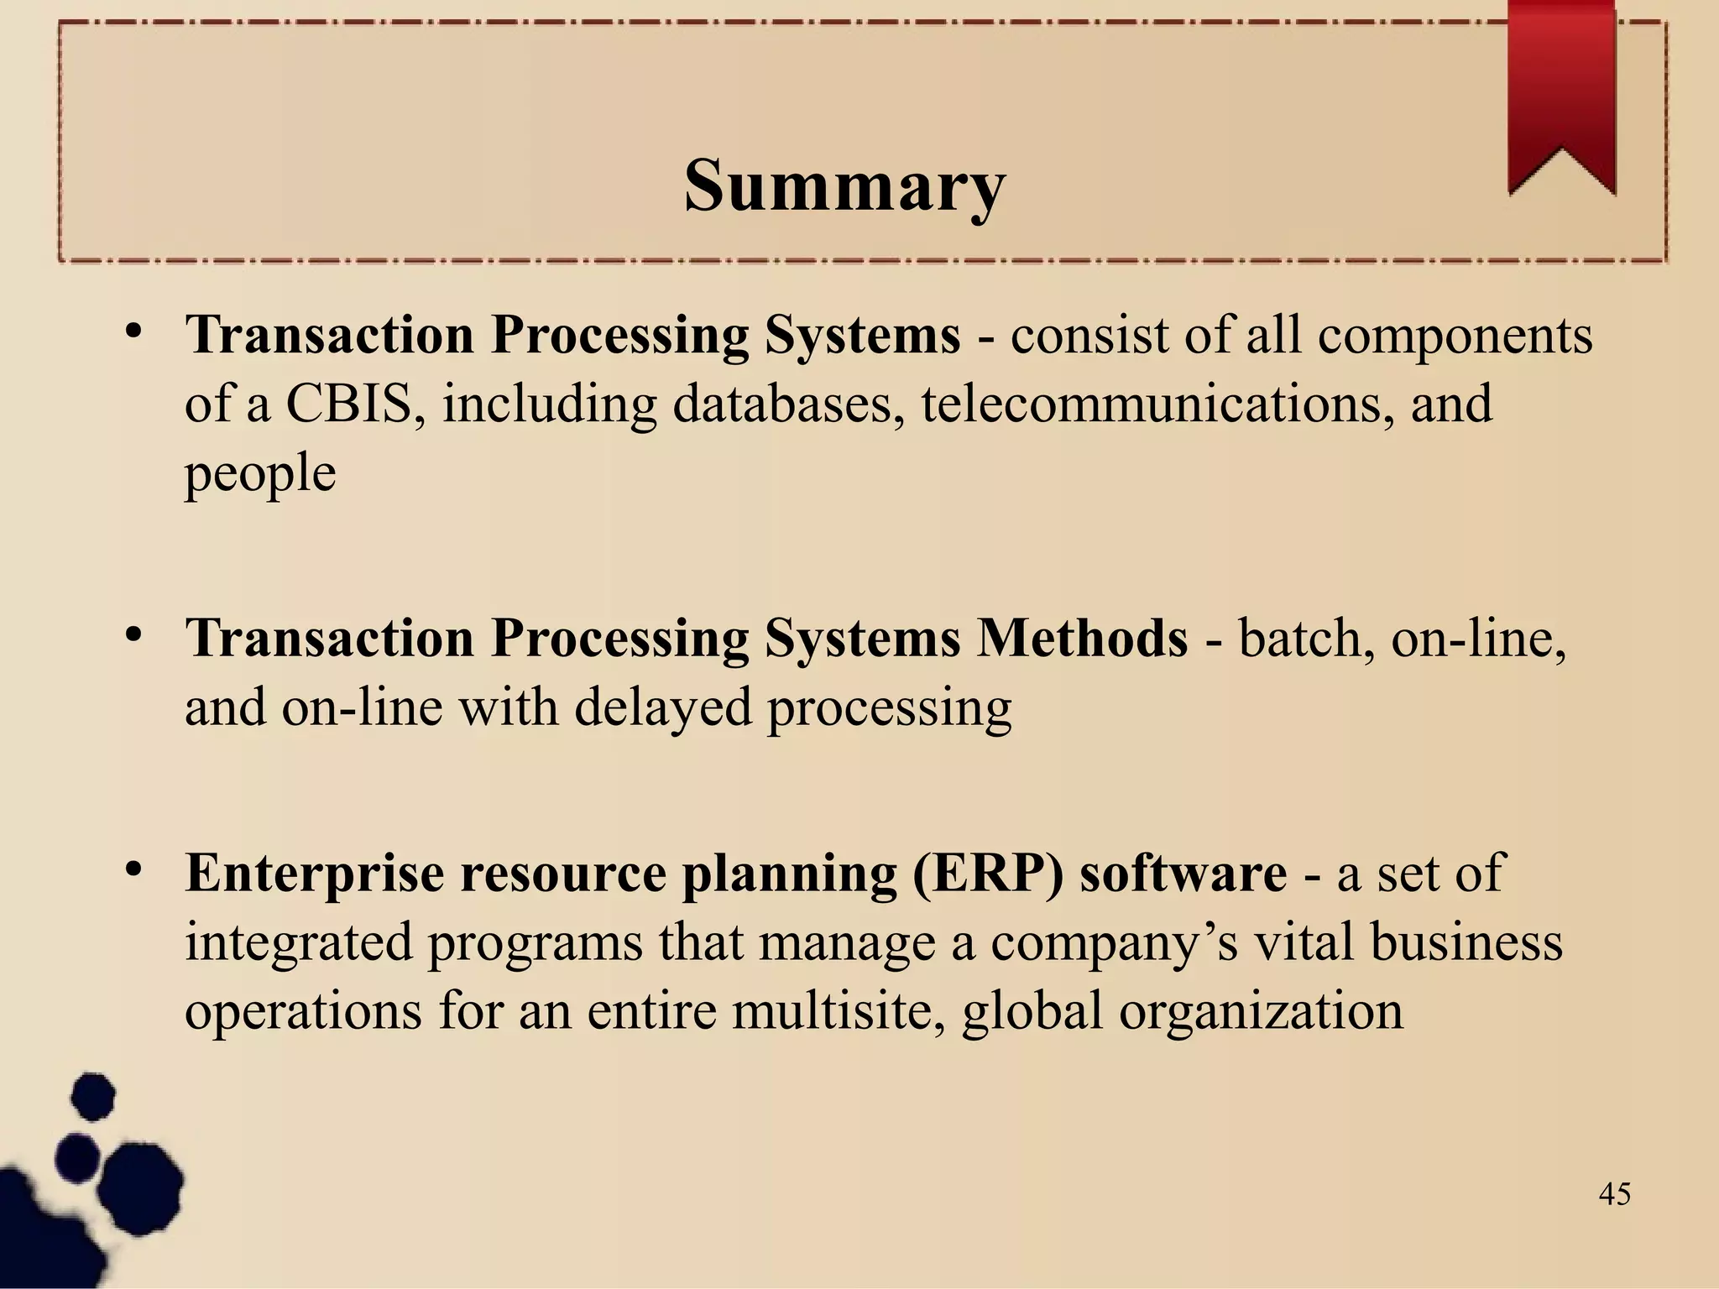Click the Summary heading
click(844, 185)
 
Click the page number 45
click(1614, 1194)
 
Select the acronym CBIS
click(349, 404)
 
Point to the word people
click(260, 474)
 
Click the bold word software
click(1183, 874)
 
